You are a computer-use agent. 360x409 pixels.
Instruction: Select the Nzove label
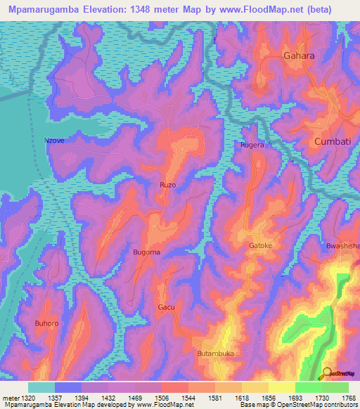pyautogui.click(x=54, y=141)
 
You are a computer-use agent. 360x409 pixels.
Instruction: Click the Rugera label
pyautogui.click(x=252, y=145)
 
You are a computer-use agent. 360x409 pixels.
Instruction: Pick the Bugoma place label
pyautogui.click(x=147, y=252)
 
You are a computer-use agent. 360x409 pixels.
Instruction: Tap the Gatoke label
pyautogui.click(x=260, y=245)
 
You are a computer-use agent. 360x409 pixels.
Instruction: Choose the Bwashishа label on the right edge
pyautogui.click(x=342, y=246)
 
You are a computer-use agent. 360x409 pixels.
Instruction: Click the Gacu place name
pyautogui.click(x=166, y=307)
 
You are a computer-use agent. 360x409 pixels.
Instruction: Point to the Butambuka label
pyautogui.click(x=215, y=353)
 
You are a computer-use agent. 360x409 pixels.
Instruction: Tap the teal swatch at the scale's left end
pyautogui.click(x=41, y=387)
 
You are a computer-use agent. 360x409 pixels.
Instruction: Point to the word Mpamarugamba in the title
pyautogui.click(x=41, y=10)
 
